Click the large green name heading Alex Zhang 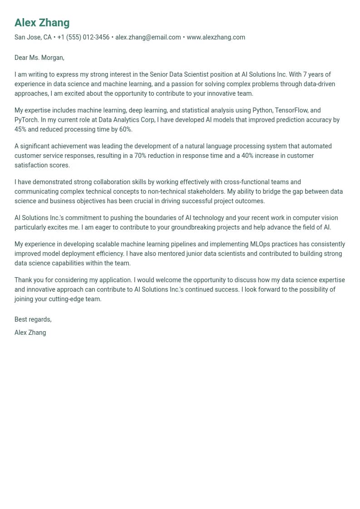pyautogui.click(x=42, y=23)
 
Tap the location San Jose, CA pyautogui.click(x=33, y=37)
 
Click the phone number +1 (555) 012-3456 pyautogui.click(x=83, y=37)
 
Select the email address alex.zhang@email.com pyautogui.click(x=148, y=37)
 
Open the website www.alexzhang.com pyautogui.click(x=216, y=37)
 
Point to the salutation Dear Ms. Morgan pyautogui.click(x=39, y=58)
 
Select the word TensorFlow pyautogui.click(x=292, y=110)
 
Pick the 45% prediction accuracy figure pyautogui.click(x=20, y=129)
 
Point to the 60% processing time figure pyautogui.click(x=125, y=129)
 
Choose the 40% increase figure pyautogui.click(x=244, y=156)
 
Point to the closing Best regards pyautogui.click(x=33, y=319)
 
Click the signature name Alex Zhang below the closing pyautogui.click(x=30, y=333)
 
